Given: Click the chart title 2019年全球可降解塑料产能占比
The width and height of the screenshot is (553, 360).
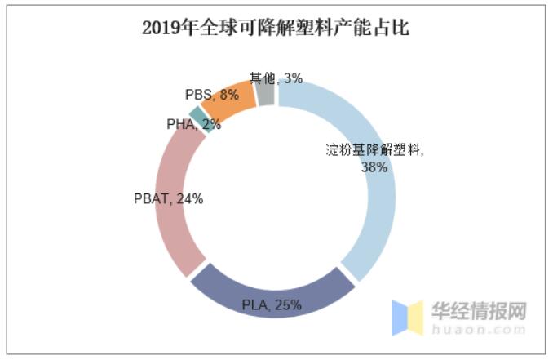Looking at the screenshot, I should [276, 29].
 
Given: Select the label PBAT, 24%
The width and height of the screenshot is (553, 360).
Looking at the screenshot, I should [168, 198].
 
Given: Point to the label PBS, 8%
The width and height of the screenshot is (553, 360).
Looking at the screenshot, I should [212, 95].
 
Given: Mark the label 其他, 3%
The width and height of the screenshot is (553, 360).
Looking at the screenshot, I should [276, 78].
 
